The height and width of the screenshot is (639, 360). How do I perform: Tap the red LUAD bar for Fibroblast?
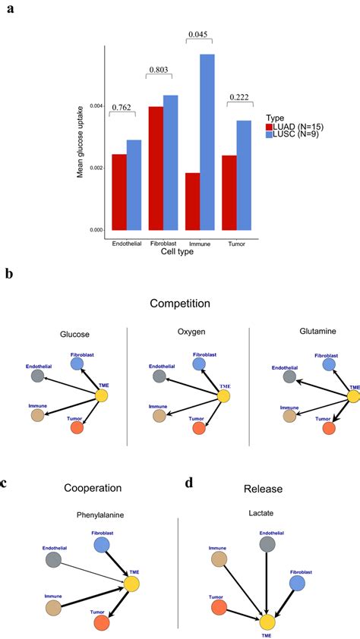(156, 168)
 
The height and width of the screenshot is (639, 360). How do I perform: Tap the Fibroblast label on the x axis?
(163, 244)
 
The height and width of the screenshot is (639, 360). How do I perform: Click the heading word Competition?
(181, 303)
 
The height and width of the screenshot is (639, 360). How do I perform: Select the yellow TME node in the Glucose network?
(103, 395)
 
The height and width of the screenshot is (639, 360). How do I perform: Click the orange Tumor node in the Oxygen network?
(199, 428)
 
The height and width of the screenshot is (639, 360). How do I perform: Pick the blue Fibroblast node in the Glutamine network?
(328, 364)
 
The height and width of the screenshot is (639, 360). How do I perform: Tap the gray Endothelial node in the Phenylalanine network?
(53, 559)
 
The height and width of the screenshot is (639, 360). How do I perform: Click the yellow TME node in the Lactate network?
(267, 622)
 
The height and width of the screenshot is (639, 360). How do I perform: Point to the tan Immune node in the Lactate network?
(219, 559)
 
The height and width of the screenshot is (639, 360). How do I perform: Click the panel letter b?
(9, 273)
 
